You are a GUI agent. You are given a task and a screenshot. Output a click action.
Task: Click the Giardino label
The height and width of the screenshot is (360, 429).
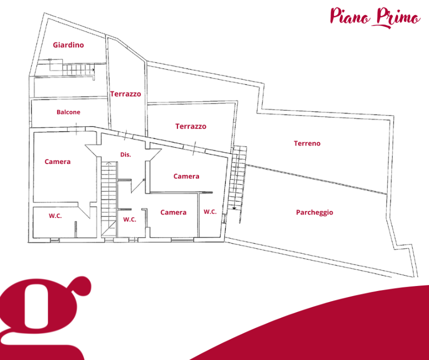coord(68,45)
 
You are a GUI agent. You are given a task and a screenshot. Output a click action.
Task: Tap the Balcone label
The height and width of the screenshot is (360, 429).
coord(68,112)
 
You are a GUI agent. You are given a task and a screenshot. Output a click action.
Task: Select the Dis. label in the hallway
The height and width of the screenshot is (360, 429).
coord(125,154)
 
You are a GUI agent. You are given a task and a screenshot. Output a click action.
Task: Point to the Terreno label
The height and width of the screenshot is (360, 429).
coord(307,143)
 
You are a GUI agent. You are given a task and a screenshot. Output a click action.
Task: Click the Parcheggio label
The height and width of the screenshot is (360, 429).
coord(314,212)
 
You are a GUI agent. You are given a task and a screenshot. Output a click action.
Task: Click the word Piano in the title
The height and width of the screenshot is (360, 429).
coord(350,16)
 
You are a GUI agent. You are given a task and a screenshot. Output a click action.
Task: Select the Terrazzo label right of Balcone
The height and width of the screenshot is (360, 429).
coord(125,94)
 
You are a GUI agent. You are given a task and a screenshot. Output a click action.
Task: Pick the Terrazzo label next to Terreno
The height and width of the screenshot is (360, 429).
coord(190,126)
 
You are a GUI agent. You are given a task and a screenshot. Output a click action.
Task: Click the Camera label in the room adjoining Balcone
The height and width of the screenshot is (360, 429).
coord(57,161)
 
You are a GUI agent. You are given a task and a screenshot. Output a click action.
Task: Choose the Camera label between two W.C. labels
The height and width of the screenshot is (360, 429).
coord(173,212)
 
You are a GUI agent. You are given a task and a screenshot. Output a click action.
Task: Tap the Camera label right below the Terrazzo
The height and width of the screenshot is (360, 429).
coord(186,176)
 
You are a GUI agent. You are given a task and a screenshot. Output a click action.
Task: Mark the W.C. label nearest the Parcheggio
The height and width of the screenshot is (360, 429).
coord(210,211)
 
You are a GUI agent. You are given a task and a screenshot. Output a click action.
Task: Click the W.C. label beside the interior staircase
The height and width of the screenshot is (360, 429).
coord(129,219)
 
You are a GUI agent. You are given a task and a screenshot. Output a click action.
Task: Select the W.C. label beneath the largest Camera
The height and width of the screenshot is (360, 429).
coord(55,216)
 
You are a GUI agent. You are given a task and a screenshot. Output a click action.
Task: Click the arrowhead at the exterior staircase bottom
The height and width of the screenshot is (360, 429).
coord(234,208)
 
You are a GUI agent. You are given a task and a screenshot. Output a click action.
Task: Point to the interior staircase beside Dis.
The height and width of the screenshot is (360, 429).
coord(109,198)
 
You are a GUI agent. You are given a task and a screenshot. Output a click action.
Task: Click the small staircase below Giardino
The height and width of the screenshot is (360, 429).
coord(78,69)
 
